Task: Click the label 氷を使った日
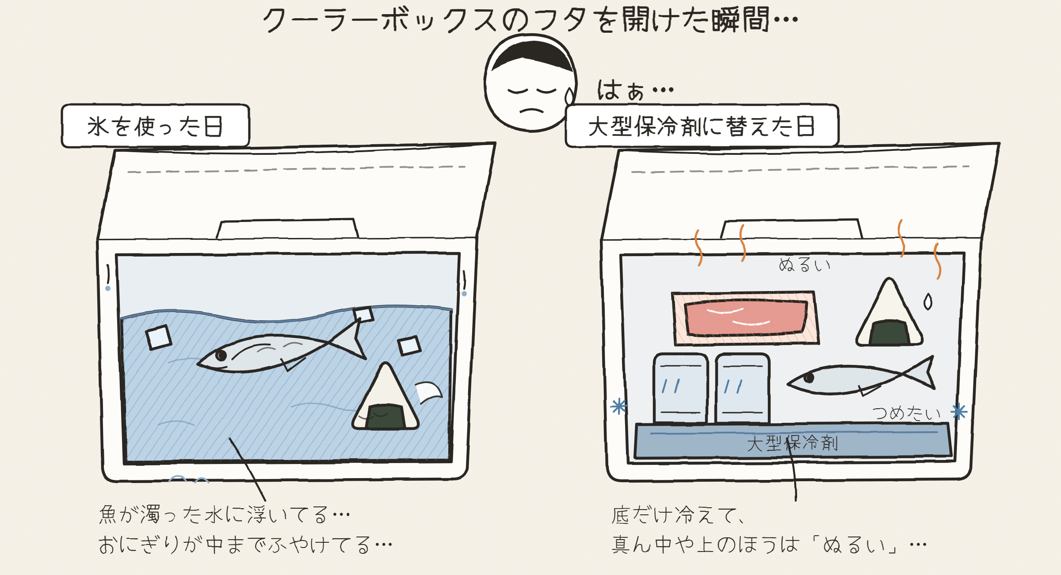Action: [155, 126]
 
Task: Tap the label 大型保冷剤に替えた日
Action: [702, 126]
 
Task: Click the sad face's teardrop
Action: [569, 96]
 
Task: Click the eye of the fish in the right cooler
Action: [809, 378]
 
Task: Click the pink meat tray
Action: [745, 318]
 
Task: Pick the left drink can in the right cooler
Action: [680, 388]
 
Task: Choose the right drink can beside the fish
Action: [743, 388]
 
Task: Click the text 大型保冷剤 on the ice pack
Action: [792, 443]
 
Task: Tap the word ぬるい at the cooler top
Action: [805, 265]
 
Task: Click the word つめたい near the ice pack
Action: [906, 413]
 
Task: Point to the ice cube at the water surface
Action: [363, 314]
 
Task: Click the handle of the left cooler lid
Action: [287, 229]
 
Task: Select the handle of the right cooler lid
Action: [791, 229]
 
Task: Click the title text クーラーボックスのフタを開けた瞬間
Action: [530, 20]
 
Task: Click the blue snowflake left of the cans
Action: [619, 406]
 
